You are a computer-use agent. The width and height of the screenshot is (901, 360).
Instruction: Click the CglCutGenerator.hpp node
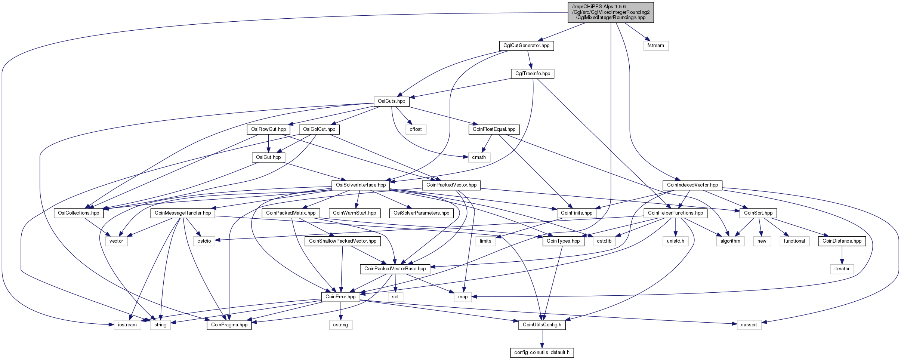point(526,46)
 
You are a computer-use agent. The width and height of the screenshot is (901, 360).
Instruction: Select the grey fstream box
point(656,46)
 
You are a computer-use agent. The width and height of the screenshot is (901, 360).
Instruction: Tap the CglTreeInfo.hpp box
point(533,74)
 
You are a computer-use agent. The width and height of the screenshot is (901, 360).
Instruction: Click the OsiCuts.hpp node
point(391,101)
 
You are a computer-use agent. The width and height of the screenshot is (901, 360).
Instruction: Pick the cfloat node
point(416,129)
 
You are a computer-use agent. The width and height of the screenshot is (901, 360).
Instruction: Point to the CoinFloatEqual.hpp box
point(494,129)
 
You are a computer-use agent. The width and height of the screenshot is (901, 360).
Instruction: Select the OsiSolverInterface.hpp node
point(361,185)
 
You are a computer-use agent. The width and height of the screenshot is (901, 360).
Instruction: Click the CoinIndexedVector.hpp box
point(692,185)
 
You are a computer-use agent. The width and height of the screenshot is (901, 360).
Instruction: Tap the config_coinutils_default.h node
point(542,353)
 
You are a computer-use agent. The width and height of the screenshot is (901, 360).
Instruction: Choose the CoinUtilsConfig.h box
point(542,325)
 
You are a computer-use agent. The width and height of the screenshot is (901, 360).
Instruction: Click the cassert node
point(749,325)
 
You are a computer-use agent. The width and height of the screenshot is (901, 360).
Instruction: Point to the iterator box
point(842,269)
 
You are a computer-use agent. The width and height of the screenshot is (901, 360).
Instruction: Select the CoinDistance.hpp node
point(842,241)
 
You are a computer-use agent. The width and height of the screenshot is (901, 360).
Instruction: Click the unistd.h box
point(676,241)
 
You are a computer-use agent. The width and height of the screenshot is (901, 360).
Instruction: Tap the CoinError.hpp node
point(340,297)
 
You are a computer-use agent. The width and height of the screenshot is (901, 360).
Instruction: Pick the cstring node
point(340,325)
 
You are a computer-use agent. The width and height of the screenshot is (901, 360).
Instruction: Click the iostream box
point(127,325)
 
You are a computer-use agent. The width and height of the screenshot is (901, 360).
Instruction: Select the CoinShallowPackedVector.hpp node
point(343,241)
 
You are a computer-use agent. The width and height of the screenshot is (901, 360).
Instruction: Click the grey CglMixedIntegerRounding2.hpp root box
point(611,12)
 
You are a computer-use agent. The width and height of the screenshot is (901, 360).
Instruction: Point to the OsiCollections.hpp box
point(78,213)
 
